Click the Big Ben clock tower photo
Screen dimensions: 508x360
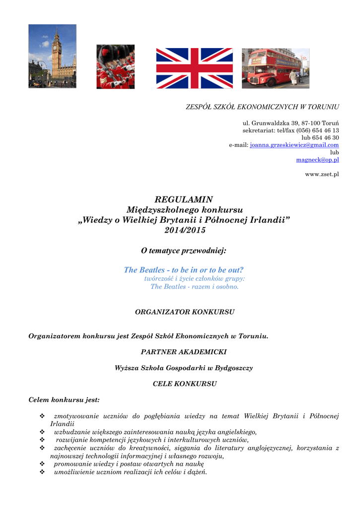pyautogui.click(x=52, y=56)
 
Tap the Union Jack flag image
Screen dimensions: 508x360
pyautogui.click(x=194, y=68)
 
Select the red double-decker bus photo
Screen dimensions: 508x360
pyautogui.click(x=275, y=68)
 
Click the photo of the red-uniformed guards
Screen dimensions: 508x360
pyautogui.click(x=115, y=66)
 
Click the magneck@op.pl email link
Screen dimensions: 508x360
pyautogui.click(x=317, y=160)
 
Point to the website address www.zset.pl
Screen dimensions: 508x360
pyautogui.click(x=322, y=175)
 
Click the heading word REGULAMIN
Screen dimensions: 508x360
pyautogui.click(x=184, y=200)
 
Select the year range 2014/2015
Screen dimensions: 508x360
pyautogui.click(x=184, y=230)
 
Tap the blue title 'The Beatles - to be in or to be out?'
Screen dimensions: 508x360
pyautogui.click(x=184, y=270)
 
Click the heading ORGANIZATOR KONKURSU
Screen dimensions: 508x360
pyautogui.click(x=185, y=312)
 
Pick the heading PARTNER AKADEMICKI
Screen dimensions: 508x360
pyautogui.click(x=184, y=352)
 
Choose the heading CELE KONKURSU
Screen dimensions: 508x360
pyautogui.click(x=185, y=384)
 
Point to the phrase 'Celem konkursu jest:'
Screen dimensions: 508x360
pyautogui.click(x=64, y=399)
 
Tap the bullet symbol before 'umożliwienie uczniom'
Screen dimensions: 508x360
pyautogui.click(x=42, y=472)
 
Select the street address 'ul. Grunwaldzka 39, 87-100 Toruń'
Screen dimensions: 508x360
pyautogui.click(x=290, y=123)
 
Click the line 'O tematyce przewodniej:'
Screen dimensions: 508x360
pyautogui.click(x=184, y=251)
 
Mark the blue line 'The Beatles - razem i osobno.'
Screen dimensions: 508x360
pyautogui.click(x=195, y=287)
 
